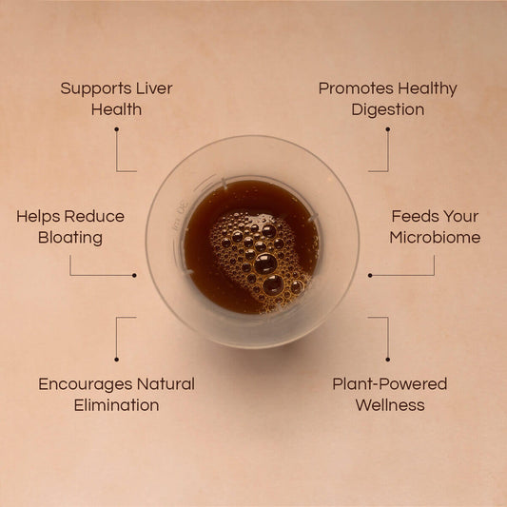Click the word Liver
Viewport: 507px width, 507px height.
click(x=154, y=88)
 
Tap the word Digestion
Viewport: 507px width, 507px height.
click(x=388, y=110)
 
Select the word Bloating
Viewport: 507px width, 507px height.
click(x=70, y=239)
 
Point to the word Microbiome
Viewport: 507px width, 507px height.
click(x=435, y=238)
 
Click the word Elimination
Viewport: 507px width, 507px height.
click(x=116, y=405)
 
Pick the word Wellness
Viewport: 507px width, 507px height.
click(x=390, y=405)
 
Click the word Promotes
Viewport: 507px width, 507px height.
click(x=356, y=88)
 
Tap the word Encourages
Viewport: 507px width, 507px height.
click(x=86, y=385)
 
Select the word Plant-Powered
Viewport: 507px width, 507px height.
click(x=390, y=384)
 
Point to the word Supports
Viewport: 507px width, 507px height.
click(x=95, y=88)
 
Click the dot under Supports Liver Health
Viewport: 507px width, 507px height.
click(x=116, y=129)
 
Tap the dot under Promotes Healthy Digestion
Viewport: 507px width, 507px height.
click(x=388, y=129)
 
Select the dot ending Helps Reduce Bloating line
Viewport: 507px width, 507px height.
click(x=134, y=276)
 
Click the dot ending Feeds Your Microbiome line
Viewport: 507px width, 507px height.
click(x=370, y=276)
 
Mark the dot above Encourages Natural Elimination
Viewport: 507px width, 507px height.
click(x=116, y=360)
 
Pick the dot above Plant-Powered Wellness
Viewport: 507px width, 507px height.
click(x=388, y=360)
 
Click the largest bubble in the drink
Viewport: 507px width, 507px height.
click(x=265, y=263)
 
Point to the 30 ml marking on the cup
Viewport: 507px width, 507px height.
click(x=180, y=214)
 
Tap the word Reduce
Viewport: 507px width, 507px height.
click(x=94, y=216)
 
